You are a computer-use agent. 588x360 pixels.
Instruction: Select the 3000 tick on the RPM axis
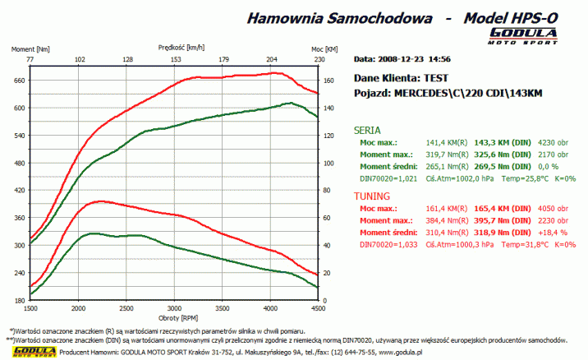pyautogui.click(x=173, y=308)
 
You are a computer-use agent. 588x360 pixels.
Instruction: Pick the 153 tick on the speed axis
pyautogui.click(x=176, y=60)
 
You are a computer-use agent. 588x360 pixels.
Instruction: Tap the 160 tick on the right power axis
pyautogui.click(x=328, y=81)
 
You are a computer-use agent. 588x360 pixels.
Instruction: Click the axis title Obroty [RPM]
pyautogui.click(x=174, y=317)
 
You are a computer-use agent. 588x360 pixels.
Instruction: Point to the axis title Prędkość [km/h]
pyautogui.click(x=175, y=48)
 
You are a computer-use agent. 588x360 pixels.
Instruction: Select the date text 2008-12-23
pyautogui.click(x=403, y=59)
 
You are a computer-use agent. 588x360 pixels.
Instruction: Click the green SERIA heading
pyautogui.click(x=366, y=130)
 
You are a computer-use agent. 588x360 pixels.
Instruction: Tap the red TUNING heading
pyautogui.click(x=371, y=197)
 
